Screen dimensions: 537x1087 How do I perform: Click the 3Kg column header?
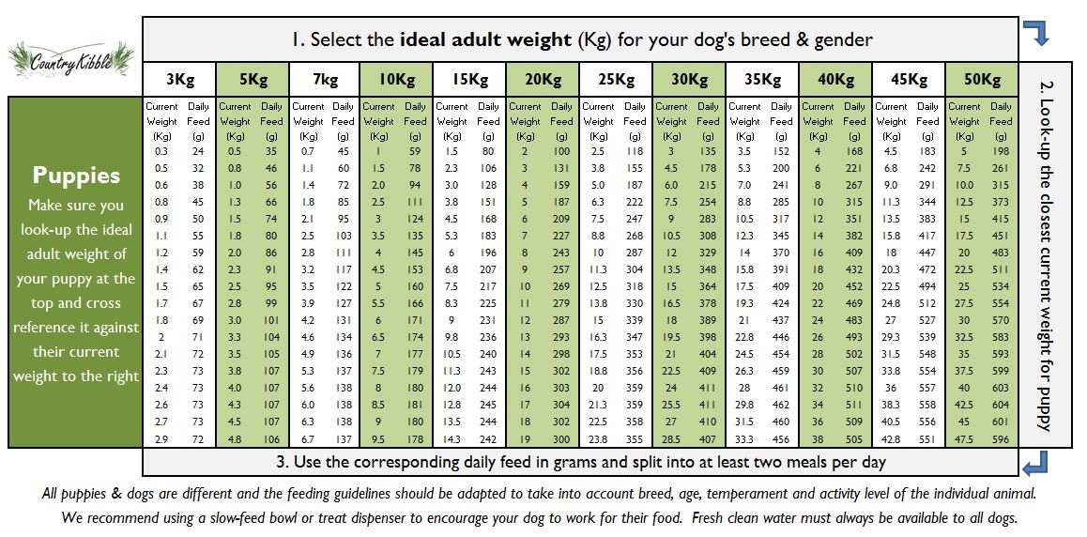click(x=179, y=80)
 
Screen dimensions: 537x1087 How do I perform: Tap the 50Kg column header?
click(x=982, y=80)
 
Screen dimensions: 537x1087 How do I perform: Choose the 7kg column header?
click(x=325, y=80)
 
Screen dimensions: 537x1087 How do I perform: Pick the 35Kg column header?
click(x=762, y=80)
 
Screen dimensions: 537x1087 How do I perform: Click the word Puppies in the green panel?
click(x=76, y=176)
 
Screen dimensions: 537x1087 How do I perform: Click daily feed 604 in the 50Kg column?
click(x=1001, y=405)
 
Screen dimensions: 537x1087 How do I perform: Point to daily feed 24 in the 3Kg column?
click(x=198, y=151)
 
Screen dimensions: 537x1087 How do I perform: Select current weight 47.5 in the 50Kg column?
click(x=964, y=438)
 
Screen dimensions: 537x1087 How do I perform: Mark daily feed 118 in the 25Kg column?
click(x=635, y=151)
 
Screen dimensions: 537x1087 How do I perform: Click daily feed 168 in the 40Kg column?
click(x=854, y=151)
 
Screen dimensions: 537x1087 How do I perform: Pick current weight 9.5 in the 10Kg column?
click(x=378, y=438)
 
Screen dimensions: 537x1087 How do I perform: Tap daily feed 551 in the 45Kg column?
click(x=927, y=438)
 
